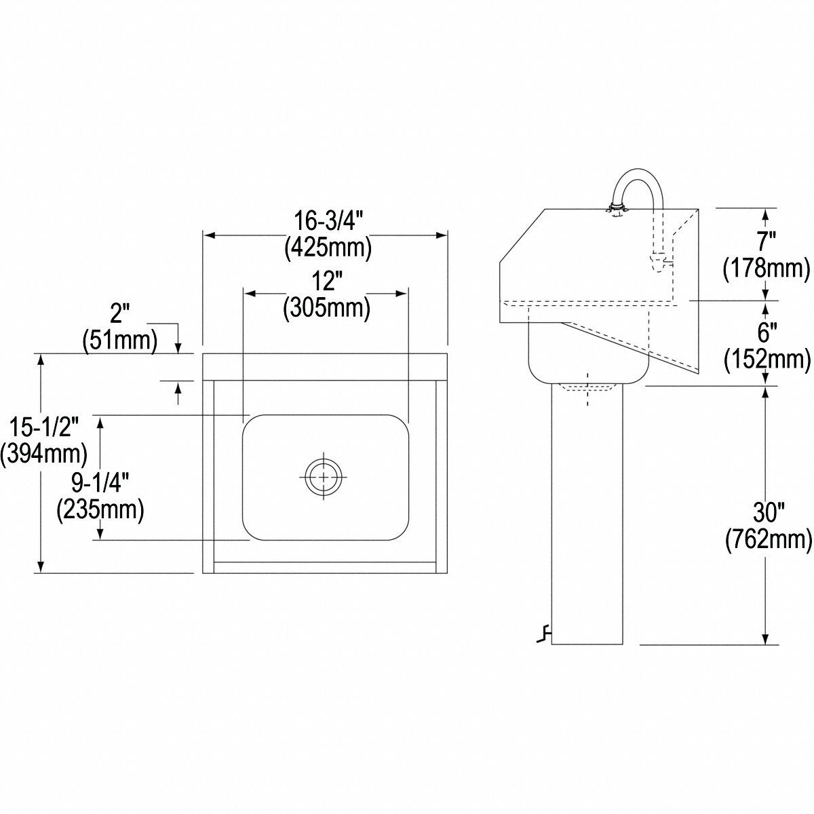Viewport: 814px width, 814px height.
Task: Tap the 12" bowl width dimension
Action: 326,280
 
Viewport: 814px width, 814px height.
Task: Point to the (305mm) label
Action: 326,308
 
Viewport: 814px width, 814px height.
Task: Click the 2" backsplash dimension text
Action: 119,314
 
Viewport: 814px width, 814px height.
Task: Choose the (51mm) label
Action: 119,340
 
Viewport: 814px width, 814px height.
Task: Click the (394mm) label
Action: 44,453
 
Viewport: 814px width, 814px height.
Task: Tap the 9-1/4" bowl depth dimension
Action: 100,482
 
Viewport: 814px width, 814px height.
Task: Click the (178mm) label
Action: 767,269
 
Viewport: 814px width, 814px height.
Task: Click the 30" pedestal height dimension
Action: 767,510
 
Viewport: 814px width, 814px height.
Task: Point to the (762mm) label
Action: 768,539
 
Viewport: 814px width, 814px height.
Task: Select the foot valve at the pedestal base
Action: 543,635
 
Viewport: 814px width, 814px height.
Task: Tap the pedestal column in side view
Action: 587,516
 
